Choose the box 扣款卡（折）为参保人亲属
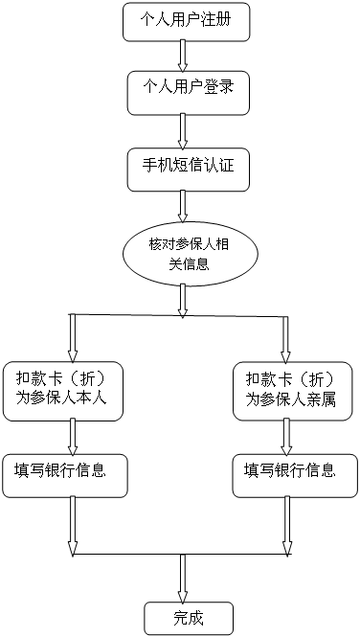pos(289,388)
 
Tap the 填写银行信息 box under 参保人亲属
pos(289,471)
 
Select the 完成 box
pos(189,616)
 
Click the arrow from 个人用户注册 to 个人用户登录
pos(181,55)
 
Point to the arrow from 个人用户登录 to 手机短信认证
pos(181,128)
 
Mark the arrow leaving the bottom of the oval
pos(181,300)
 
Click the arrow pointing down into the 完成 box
pos(181,579)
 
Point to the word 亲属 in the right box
pos(322,398)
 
